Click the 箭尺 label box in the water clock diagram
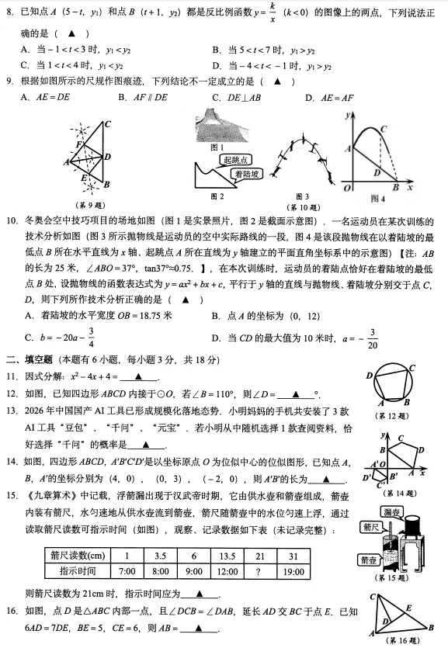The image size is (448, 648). (371, 527)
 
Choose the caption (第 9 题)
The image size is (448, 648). (93, 206)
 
